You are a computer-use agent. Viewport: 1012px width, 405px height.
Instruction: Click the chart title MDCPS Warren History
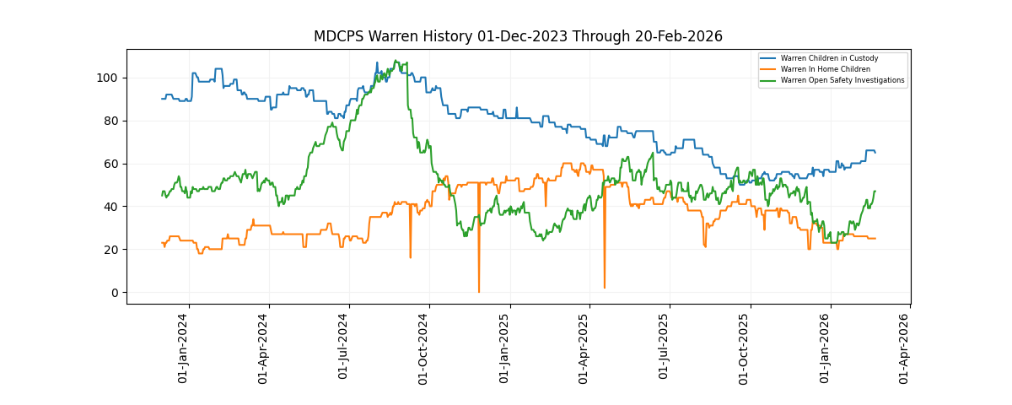518,36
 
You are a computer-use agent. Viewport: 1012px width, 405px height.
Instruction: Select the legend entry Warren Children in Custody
829,58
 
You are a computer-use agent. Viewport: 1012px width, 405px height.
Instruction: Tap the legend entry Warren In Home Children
825,69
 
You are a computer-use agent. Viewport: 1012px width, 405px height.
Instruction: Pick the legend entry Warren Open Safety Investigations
842,80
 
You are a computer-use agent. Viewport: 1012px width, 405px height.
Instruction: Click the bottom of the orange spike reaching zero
479,292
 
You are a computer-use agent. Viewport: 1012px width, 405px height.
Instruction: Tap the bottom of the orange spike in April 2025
604,288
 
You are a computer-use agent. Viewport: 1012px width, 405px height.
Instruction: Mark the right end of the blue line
875,153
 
